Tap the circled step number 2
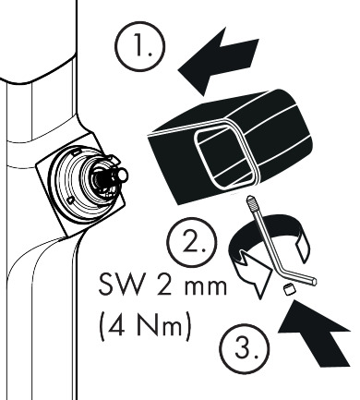click(192, 242)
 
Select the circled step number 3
click(245, 348)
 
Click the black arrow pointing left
click(219, 61)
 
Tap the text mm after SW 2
click(205, 286)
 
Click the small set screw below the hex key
click(289, 289)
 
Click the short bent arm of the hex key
click(298, 276)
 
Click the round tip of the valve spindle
click(123, 175)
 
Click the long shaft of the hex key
click(266, 237)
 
